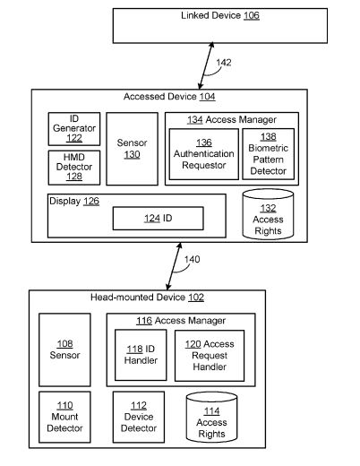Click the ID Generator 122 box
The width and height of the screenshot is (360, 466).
[74, 129]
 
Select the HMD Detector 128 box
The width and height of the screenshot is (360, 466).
[74, 168]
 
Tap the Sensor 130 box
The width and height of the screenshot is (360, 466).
[132, 149]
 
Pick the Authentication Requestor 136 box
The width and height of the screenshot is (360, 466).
[204, 154]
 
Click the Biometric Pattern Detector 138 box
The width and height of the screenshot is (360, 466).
[268, 154]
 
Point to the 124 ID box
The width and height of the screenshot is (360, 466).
[159, 219]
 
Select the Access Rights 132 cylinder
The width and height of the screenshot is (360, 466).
[268, 214]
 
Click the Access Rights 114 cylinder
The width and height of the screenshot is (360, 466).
[211, 418]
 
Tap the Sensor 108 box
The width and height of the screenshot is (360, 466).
[64, 349]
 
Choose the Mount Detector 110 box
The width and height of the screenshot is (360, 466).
[64, 417]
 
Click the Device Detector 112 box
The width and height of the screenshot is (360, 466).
[139, 417]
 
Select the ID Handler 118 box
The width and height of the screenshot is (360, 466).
[141, 355]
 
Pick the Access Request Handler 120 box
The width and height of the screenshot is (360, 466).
[210, 356]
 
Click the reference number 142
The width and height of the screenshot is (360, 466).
[224, 63]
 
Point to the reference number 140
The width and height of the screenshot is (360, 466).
[192, 259]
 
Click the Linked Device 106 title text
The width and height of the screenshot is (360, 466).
[220, 15]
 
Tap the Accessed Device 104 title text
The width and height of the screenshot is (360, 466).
[169, 97]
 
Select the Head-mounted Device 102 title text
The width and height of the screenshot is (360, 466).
[147, 298]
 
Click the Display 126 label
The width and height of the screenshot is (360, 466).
[74, 201]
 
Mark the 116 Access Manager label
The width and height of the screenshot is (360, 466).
[181, 321]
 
